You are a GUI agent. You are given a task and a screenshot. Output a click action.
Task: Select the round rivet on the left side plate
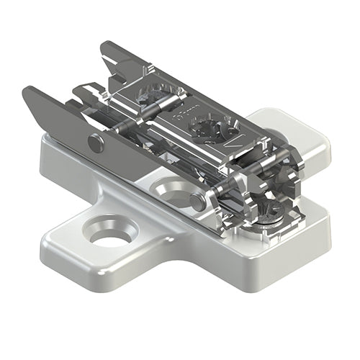[x=95, y=143]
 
